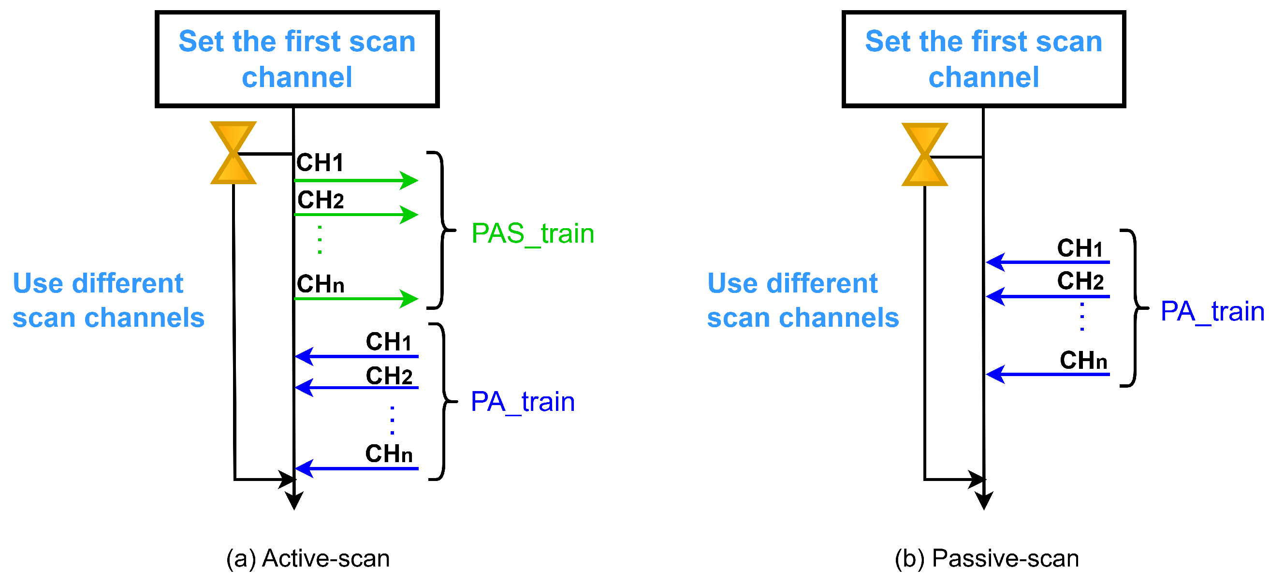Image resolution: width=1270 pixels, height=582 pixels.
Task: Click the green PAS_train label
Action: (532, 233)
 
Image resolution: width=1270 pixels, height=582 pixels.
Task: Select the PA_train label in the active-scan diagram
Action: (523, 402)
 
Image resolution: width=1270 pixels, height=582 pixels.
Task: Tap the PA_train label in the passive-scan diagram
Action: (1212, 311)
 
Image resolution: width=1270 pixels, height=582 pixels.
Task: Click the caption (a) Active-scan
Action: (308, 559)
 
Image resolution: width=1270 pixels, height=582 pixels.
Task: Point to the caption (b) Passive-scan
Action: (987, 559)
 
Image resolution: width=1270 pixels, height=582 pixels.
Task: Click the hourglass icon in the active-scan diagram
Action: (233, 153)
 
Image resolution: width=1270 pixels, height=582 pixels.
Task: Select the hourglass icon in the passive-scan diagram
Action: (924, 154)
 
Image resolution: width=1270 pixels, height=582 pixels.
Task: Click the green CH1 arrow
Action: (356, 180)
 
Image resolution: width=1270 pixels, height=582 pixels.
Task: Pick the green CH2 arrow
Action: (356, 215)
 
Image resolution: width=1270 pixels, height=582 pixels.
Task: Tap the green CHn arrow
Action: (356, 299)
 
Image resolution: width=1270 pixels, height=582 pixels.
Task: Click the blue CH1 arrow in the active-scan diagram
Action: (356, 356)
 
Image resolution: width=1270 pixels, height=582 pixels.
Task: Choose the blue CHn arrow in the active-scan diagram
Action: (356, 469)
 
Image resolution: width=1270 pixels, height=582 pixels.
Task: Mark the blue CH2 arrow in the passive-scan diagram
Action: (1048, 297)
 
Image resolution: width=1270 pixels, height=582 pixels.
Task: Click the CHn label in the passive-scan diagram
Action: (1083, 361)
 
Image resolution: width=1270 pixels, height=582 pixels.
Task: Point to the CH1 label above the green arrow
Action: (320, 162)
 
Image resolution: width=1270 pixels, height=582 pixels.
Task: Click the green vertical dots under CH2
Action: (320, 239)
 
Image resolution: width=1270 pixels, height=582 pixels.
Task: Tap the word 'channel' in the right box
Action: (983, 77)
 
